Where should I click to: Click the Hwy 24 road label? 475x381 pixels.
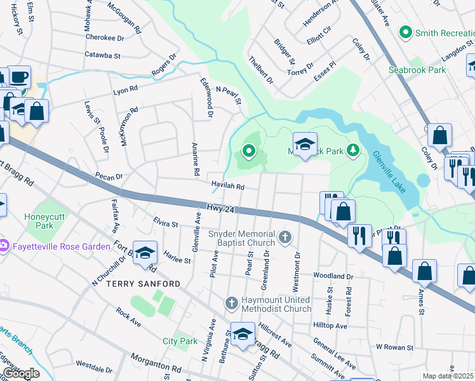pos(220,208)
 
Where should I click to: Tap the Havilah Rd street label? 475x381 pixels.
pos(228,187)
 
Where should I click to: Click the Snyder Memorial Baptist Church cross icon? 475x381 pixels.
pos(286,238)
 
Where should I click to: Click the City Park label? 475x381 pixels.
pos(180,341)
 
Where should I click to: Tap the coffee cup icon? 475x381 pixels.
pos(18,77)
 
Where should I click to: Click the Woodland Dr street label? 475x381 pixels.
pos(332,276)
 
